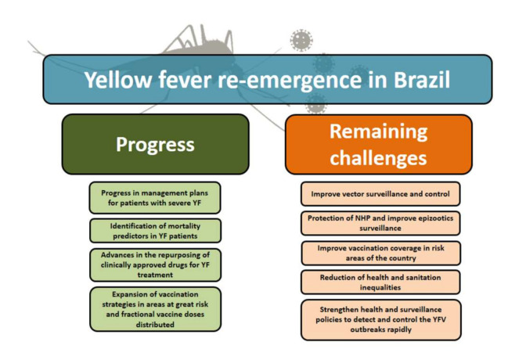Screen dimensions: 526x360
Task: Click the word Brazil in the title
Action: (x=421, y=80)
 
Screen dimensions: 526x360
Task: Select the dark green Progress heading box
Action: (x=155, y=144)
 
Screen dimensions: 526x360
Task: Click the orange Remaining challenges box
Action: (x=378, y=144)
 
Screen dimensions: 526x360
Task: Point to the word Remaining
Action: (x=378, y=131)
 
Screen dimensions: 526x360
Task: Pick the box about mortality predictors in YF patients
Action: (x=155, y=231)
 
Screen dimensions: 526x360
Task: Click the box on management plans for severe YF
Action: (x=155, y=198)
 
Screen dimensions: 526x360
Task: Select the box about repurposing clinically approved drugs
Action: (x=155, y=265)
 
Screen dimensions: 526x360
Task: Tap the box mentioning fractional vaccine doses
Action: (x=155, y=309)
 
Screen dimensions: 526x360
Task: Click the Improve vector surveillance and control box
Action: (x=380, y=194)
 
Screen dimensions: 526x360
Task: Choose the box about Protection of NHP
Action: (x=380, y=223)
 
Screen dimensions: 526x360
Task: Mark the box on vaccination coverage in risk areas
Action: (x=380, y=253)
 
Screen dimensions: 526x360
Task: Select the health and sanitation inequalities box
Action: (x=380, y=283)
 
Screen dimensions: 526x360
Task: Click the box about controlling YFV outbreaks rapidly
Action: (x=380, y=320)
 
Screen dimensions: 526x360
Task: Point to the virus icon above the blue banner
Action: (x=301, y=40)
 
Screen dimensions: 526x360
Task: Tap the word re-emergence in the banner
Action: (x=290, y=81)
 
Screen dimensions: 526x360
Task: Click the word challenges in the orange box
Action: (x=378, y=157)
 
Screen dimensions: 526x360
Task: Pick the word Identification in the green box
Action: (x=132, y=226)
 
